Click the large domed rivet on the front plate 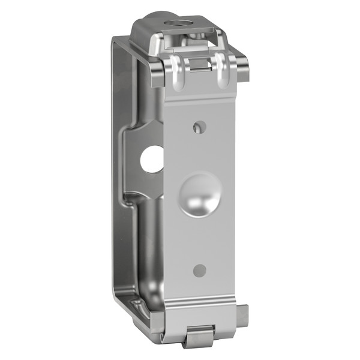tap(199, 196)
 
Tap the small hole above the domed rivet tap(200, 127)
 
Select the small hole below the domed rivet tap(200, 270)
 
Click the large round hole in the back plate tap(152, 160)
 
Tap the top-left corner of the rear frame tap(116, 42)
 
